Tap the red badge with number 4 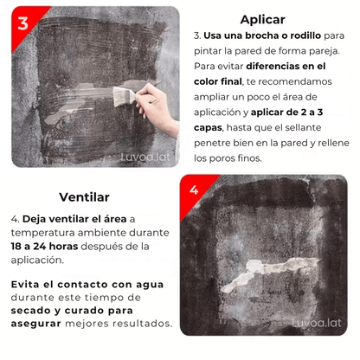click(194, 189)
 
